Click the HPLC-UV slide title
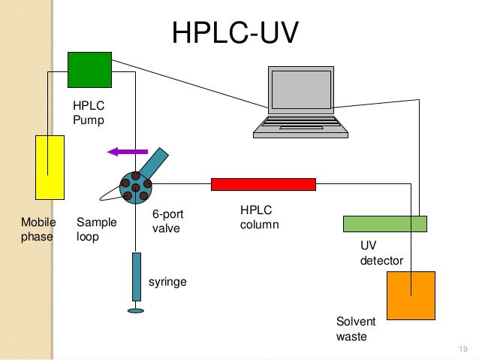pos(235,32)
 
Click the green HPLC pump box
pos(89,70)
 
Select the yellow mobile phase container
pos(50,167)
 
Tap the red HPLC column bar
pos(263,184)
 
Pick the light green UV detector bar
pos(384,223)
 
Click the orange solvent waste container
pos(411,295)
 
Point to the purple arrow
pos(122,152)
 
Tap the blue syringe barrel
pos(136,275)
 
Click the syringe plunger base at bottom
pos(136,310)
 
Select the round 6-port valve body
pos(135,187)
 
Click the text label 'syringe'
pos(167,282)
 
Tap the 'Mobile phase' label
pos(38,229)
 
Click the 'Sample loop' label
pos(97,229)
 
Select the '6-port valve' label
pos(167,221)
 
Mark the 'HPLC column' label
pos(260,218)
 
